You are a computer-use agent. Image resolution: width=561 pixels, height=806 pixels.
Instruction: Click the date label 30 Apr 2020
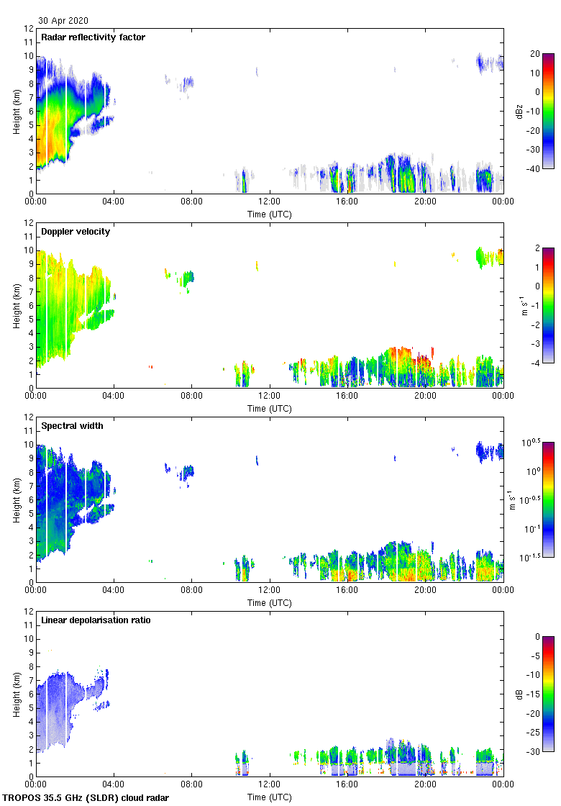(64, 21)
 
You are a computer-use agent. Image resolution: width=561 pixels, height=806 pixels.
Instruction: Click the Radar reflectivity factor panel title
(93, 37)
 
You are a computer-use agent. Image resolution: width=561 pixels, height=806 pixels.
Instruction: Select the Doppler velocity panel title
(76, 232)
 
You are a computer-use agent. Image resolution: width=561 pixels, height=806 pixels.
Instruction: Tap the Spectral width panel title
(73, 426)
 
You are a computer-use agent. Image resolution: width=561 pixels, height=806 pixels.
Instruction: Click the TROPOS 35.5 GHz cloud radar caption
(86, 798)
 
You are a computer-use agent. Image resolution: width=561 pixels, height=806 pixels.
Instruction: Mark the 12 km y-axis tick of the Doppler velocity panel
(29, 223)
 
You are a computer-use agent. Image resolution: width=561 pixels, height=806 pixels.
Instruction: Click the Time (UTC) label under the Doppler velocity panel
(270, 409)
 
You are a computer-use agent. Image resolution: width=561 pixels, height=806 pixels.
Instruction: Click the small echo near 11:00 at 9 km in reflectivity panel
(257, 71)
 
